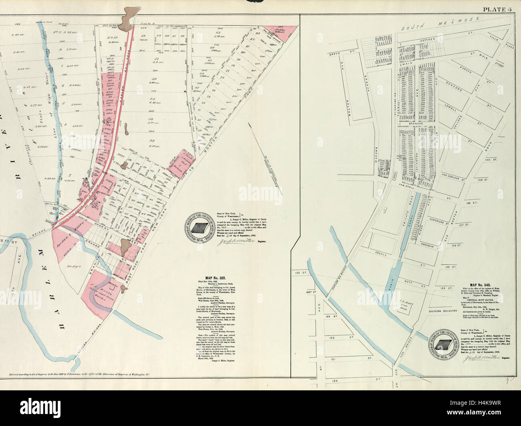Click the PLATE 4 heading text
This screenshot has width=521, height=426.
[499, 9]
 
